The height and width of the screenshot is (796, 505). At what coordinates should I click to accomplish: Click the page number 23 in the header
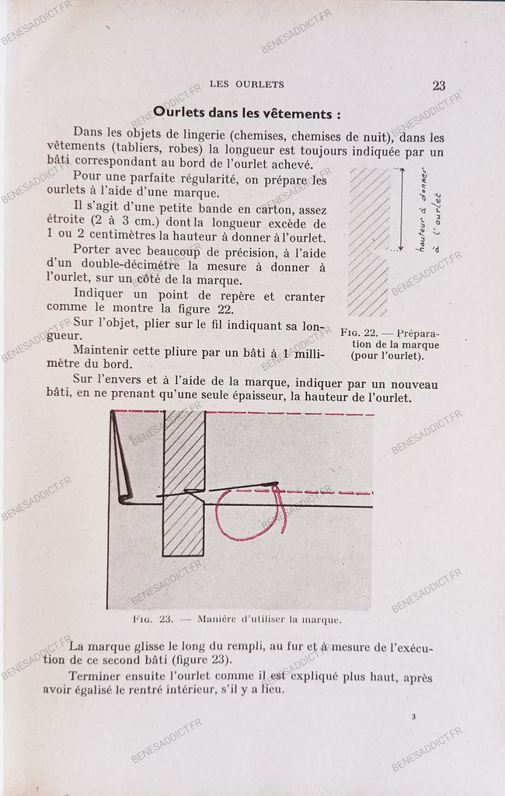pos(438,86)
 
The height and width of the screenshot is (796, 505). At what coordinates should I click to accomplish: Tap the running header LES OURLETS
pos(247,85)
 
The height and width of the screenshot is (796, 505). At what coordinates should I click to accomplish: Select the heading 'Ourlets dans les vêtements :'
pos(246,113)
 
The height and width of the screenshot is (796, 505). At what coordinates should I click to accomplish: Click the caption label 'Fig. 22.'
pos(358,333)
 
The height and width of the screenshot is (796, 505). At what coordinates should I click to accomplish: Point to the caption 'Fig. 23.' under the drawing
pos(153,620)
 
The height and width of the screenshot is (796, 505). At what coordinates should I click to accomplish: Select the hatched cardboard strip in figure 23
pos(184,482)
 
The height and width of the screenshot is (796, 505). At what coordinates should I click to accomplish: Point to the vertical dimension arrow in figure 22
pos(402,210)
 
